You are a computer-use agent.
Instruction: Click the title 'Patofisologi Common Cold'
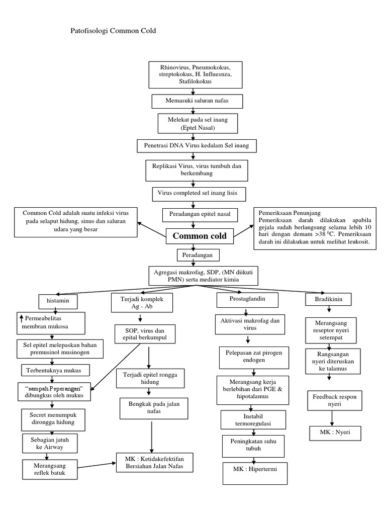click(113, 31)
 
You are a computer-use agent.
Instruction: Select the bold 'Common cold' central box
click(200, 235)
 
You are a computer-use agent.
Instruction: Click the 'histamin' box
click(58, 301)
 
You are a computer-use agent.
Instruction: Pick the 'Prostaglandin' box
click(241, 299)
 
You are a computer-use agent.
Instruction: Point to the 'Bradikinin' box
click(329, 299)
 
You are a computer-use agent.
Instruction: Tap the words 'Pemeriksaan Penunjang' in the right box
click(290, 212)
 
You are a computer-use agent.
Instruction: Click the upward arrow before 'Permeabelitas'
click(21, 317)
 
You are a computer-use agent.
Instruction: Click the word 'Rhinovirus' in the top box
click(175, 67)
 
